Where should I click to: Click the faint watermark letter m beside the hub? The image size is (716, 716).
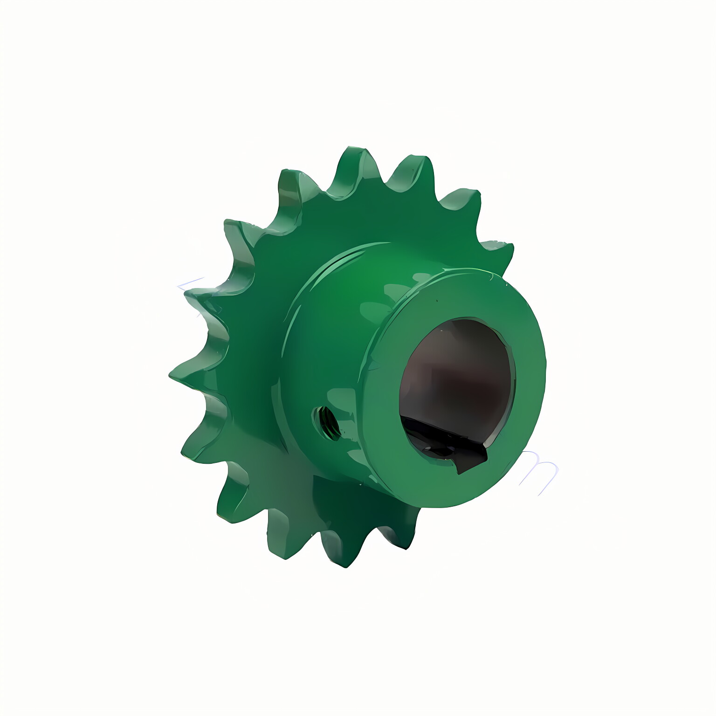(x=541, y=471)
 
